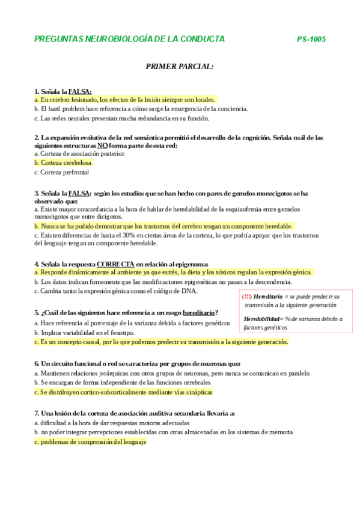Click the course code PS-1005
[x=311, y=39]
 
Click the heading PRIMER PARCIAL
[x=180, y=66]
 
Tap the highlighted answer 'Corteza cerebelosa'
[x=63, y=162]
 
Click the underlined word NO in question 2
[x=103, y=146]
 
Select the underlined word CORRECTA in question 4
[x=115, y=263]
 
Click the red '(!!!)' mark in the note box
[x=246, y=296]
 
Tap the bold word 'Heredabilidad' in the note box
[x=261, y=319]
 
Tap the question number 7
[x=37, y=413]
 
